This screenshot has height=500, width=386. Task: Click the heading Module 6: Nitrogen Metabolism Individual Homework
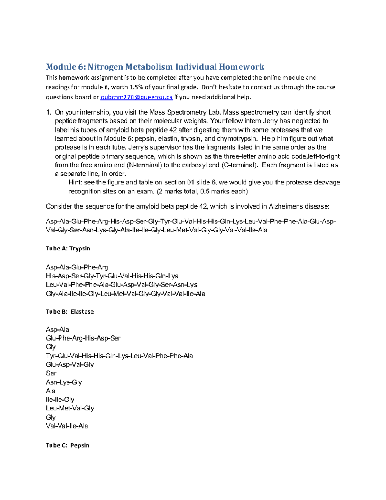[155, 67]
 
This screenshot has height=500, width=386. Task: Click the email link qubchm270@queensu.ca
[137, 97]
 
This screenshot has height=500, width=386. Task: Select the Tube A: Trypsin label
[68, 249]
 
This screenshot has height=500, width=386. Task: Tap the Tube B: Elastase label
[70, 312]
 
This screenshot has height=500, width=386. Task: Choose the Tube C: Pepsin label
[68, 445]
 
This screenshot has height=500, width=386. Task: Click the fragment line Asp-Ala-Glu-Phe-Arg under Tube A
[77, 267]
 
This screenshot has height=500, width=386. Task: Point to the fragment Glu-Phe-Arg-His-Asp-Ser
[83, 338]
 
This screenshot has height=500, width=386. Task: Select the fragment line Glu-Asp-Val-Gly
[70, 365]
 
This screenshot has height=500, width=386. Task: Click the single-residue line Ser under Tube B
[51, 373]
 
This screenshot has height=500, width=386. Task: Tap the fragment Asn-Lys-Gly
[64, 382]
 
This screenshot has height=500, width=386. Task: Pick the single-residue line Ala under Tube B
[51, 391]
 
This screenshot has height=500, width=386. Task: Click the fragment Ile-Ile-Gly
[60, 400]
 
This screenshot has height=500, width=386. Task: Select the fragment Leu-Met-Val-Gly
[70, 409]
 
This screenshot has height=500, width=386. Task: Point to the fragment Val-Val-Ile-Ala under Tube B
[67, 426]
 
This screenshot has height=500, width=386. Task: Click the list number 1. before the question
[49, 113]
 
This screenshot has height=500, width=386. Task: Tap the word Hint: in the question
[75, 183]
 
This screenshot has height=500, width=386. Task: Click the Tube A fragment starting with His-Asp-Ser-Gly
[112, 276]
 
